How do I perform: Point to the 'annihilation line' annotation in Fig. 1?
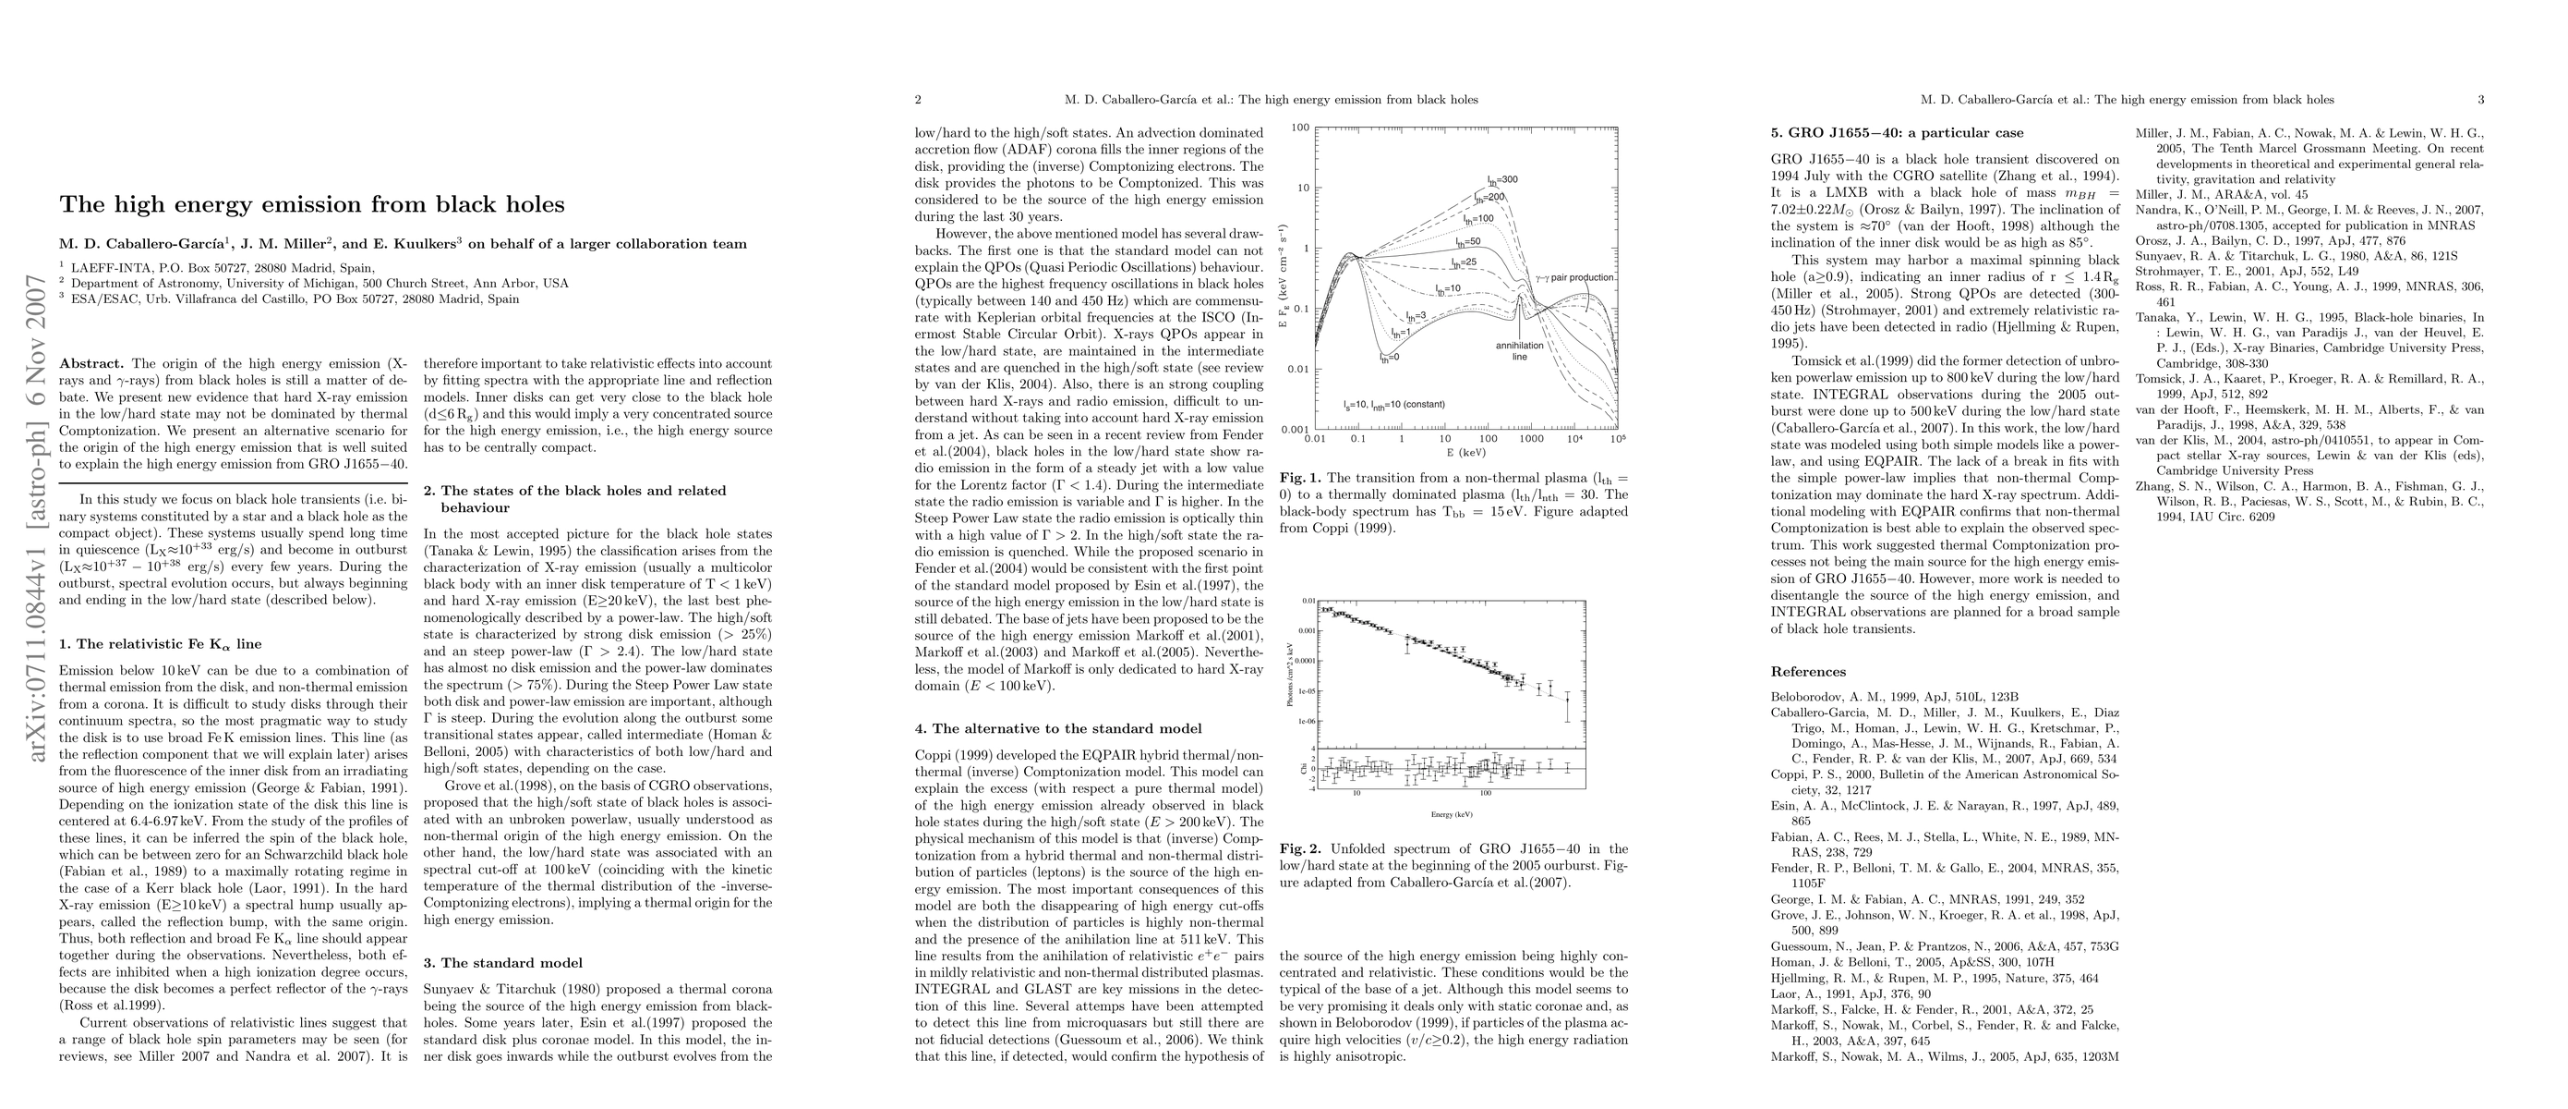pyautogui.click(x=1519, y=351)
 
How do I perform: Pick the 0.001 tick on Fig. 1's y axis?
pyautogui.click(x=1295, y=430)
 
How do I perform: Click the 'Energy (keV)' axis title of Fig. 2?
pyautogui.click(x=1452, y=815)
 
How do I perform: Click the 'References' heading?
pyautogui.click(x=1807, y=672)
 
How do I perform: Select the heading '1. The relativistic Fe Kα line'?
pyautogui.click(x=161, y=644)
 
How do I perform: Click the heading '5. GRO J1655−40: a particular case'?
pyautogui.click(x=1897, y=133)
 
